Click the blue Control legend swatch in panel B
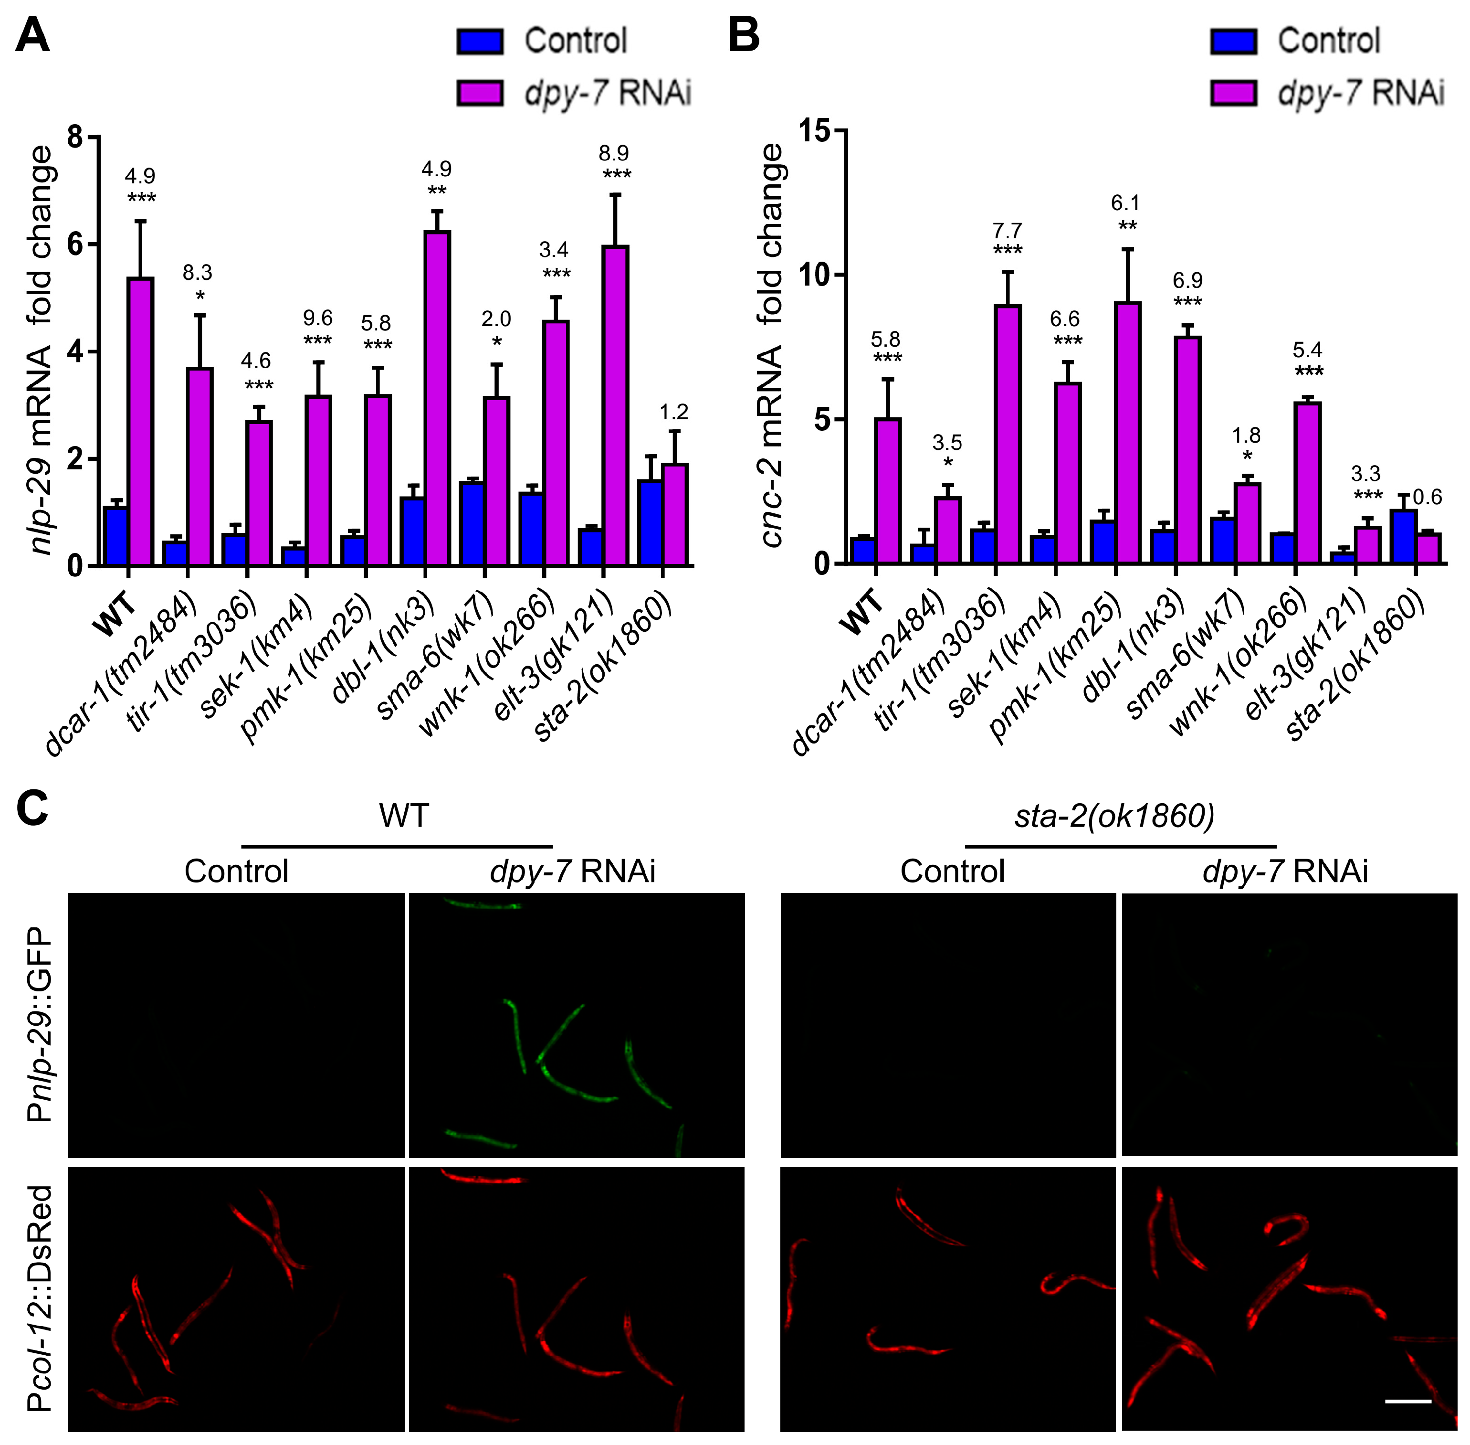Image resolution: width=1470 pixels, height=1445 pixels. [x=1233, y=42]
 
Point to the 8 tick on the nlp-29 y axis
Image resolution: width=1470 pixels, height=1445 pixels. [x=76, y=138]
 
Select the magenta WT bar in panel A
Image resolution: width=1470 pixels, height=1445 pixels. [x=140, y=421]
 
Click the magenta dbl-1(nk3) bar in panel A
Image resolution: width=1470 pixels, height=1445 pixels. [x=437, y=398]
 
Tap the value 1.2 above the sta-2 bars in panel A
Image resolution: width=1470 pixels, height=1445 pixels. [x=673, y=412]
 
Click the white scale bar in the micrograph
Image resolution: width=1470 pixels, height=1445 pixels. [x=1408, y=1401]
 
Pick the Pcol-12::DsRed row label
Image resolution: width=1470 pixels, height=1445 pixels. [x=40, y=1298]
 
